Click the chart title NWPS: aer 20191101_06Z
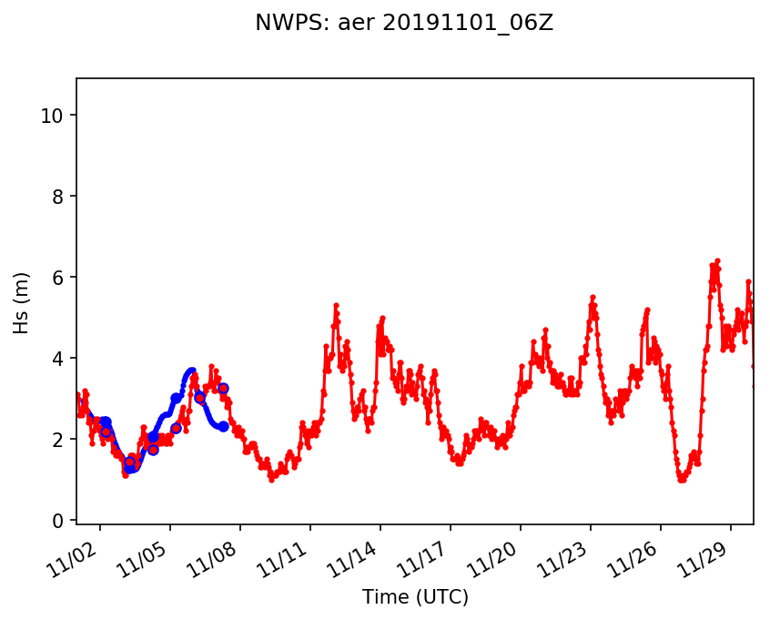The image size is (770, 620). tap(404, 24)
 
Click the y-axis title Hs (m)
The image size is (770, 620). tap(22, 303)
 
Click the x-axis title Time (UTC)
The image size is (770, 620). tap(415, 597)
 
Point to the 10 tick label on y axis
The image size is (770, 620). tap(56, 116)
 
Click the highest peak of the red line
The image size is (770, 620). tap(717, 261)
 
